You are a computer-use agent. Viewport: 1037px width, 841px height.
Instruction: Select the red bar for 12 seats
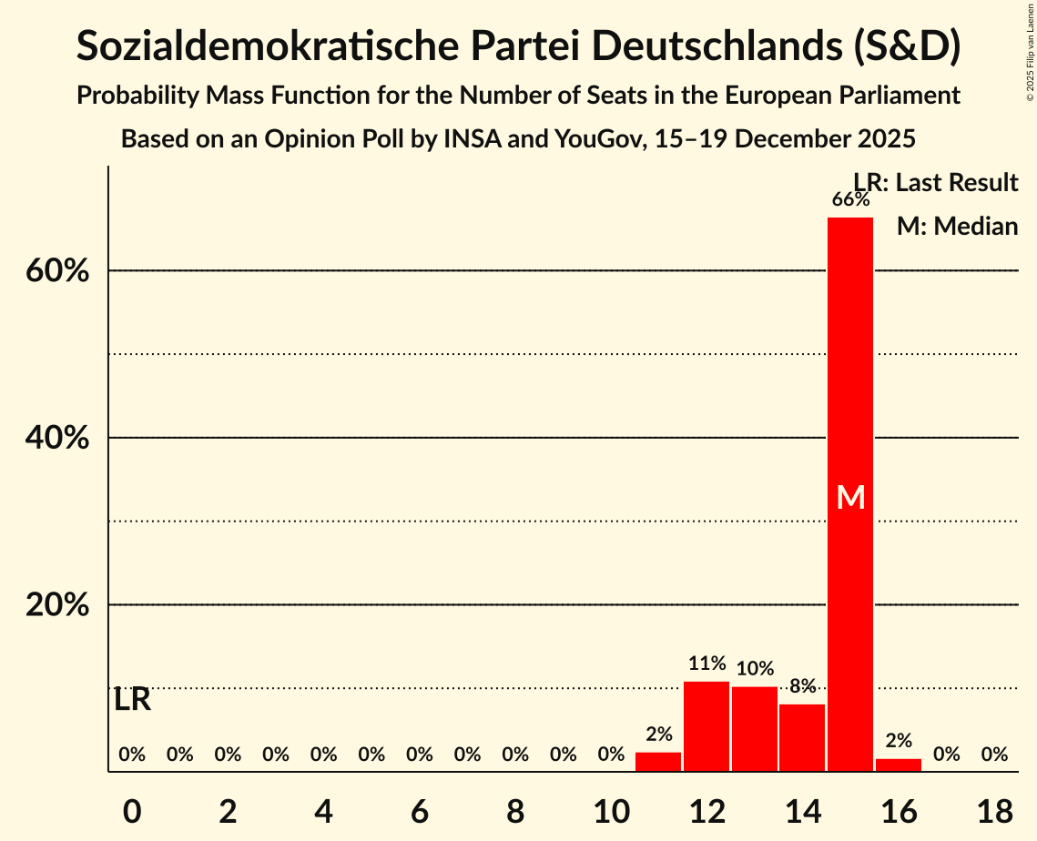(707, 726)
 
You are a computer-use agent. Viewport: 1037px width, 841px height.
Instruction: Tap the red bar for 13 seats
(755, 729)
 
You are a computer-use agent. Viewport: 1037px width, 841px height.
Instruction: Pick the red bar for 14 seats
(802, 737)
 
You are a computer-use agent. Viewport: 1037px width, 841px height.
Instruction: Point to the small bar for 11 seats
(658, 762)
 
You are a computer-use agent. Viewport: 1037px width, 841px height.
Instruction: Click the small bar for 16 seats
(899, 765)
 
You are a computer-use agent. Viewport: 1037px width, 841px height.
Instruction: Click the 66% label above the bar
(850, 199)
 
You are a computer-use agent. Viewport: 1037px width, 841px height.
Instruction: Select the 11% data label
(707, 664)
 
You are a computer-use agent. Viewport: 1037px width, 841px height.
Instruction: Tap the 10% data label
(755, 669)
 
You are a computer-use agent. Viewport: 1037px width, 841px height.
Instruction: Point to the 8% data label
(802, 686)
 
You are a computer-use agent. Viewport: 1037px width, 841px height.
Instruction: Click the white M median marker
(850, 497)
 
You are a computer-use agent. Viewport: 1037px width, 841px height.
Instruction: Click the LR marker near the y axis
(133, 700)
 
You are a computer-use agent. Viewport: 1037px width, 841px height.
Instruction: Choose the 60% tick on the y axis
(57, 271)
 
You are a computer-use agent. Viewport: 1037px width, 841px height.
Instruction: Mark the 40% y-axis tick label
(57, 438)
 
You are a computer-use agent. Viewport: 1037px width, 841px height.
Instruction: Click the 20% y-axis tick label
(57, 605)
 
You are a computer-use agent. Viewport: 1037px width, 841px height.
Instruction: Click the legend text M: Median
(957, 226)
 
